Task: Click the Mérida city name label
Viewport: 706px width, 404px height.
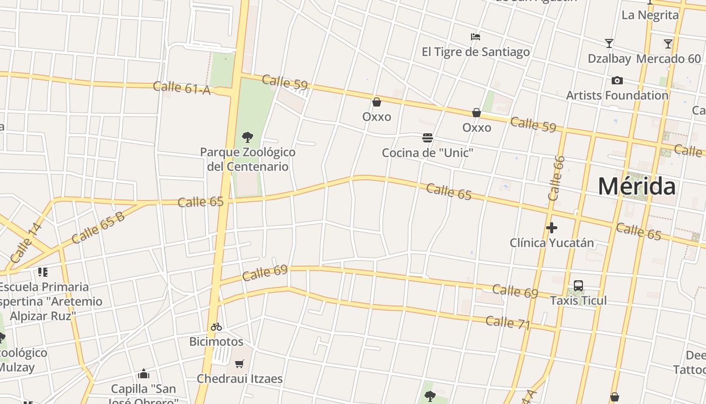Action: tap(636, 186)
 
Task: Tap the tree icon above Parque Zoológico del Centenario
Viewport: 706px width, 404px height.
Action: tap(247, 137)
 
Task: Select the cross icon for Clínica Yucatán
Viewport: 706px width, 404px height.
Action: tap(552, 228)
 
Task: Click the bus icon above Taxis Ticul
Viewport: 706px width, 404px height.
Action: tap(578, 286)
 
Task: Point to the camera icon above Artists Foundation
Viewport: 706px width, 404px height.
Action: tap(617, 80)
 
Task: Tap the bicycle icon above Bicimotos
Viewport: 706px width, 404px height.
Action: tap(216, 327)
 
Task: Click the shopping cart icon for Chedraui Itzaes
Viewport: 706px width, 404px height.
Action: tap(240, 364)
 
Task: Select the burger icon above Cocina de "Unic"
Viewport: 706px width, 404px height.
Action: tap(428, 138)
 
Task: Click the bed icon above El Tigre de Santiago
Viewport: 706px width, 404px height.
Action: tap(475, 37)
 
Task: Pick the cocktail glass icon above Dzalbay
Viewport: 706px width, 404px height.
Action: tap(609, 44)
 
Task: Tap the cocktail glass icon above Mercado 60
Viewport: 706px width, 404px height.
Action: tap(668, 44)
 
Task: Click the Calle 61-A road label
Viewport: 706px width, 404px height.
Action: tap(182, 88)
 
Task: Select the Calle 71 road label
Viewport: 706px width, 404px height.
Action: tap(508, 323)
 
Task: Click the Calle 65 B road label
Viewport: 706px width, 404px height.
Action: tap(98, 229)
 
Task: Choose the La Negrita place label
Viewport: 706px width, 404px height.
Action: tap(650, 15)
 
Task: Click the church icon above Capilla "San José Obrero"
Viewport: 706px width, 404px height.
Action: tap(144, 374)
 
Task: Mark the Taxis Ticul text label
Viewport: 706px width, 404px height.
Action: tap(578, 300)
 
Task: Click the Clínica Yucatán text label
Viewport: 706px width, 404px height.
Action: tap(552, 243)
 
